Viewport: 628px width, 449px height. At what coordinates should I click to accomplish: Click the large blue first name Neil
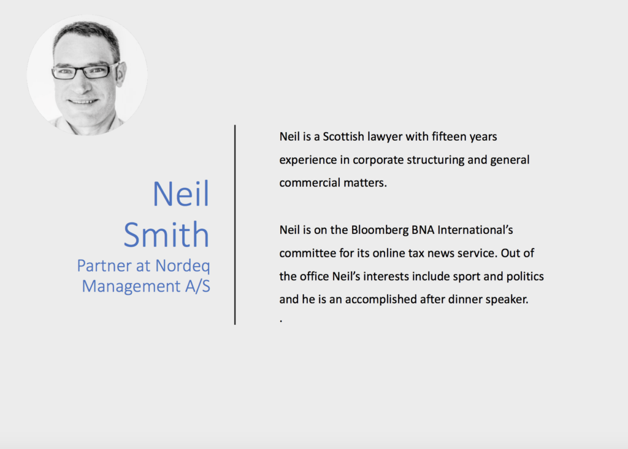click(x=181, y=193)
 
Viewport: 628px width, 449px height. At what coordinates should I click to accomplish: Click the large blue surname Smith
click(x=166, y=234)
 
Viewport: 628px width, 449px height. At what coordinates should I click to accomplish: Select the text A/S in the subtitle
click(x=197, y=286)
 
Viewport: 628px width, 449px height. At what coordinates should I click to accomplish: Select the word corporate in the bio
click(x=378, y=160)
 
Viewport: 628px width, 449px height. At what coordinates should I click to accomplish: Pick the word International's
click(x=475, y=230)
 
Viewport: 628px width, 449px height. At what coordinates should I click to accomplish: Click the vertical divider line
click(x=235, y=225)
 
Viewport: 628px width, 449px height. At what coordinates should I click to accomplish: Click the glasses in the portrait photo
click(x=85, y=71)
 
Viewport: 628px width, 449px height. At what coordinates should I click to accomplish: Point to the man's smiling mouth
click(x=83, y=101)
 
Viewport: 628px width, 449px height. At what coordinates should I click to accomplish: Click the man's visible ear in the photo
click(x=121, y=74)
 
